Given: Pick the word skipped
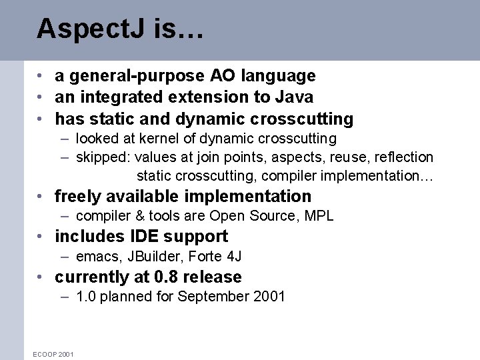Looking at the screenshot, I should (103, 158).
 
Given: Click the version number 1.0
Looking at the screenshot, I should (87, 297).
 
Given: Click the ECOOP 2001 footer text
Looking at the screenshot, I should (53, 354).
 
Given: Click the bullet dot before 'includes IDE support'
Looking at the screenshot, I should (42, 237).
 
